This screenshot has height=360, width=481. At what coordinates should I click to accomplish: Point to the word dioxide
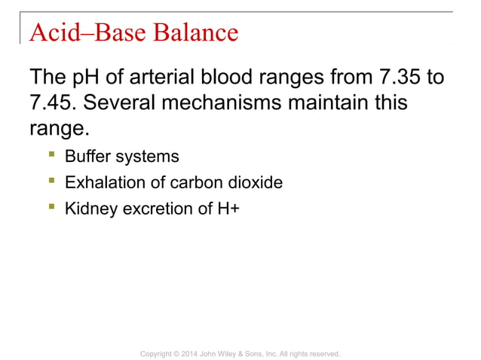[x=255, y=182]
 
